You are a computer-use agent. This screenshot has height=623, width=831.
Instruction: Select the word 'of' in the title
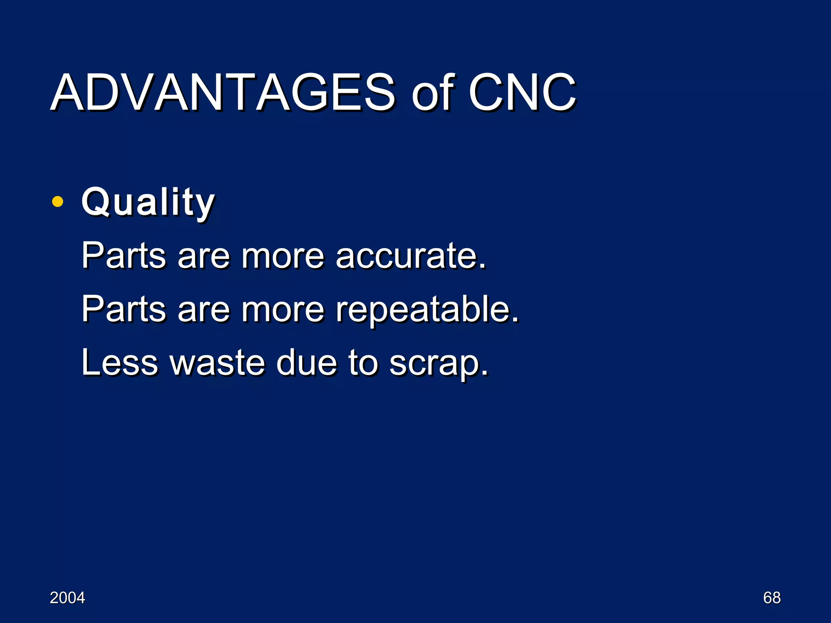click(432, 93)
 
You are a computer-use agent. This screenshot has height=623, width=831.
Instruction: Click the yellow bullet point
click(58, 202)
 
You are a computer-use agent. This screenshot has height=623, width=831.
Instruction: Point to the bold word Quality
click(148, 202)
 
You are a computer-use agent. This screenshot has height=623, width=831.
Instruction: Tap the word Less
click(120, 362)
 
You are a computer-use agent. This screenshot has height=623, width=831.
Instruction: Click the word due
click(307, 362)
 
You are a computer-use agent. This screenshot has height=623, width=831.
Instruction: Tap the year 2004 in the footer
click(67, 598)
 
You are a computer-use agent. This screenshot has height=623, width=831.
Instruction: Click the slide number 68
click(772, 598)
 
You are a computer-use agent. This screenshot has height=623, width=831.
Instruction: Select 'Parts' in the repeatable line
click(124, 309)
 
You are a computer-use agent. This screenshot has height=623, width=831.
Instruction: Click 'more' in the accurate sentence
click(283, 257)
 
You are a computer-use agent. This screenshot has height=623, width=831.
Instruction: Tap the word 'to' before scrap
click(363, 362)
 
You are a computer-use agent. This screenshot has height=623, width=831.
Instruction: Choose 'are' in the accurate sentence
click(204, 257)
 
